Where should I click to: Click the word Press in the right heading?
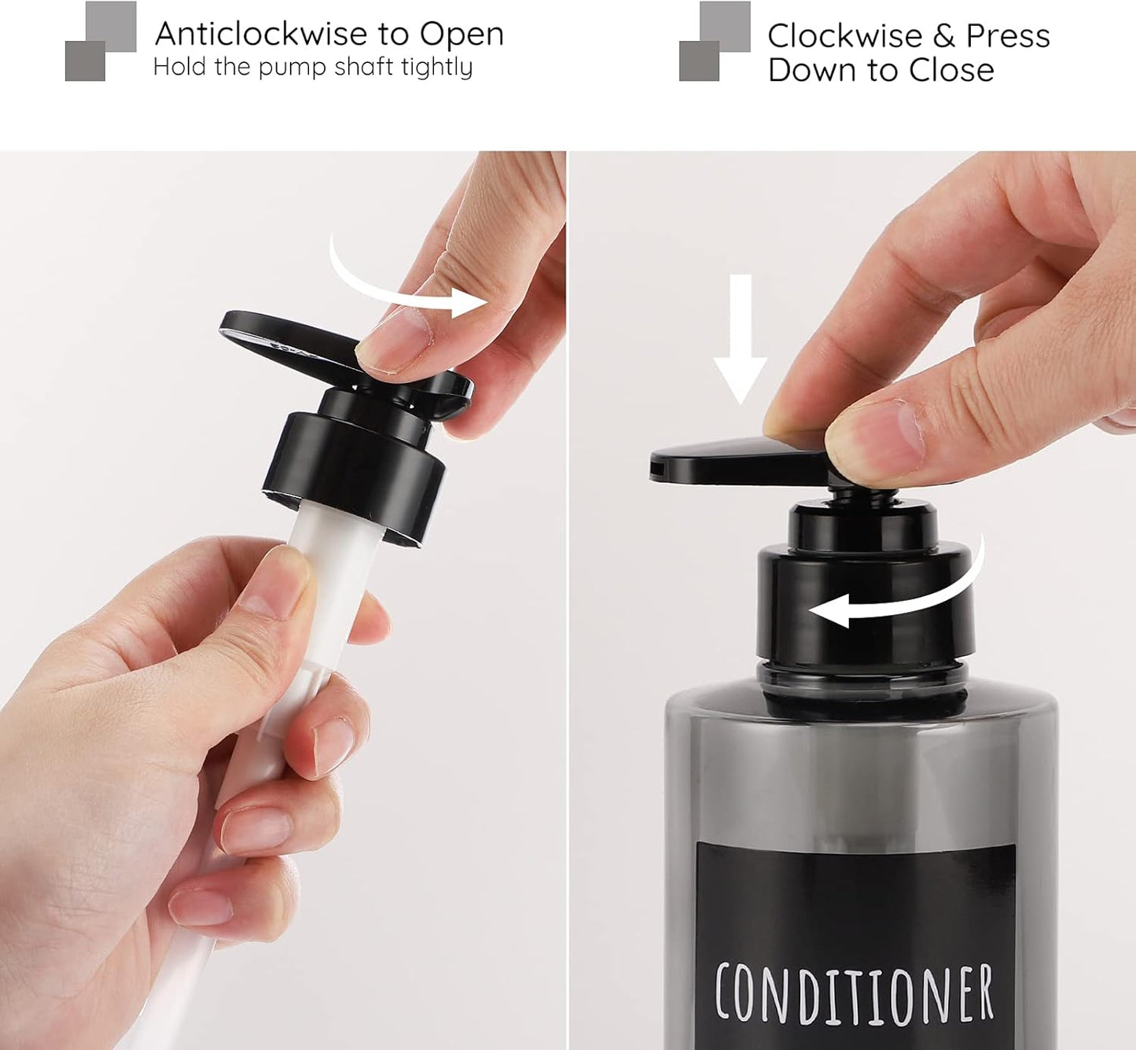tap(1007, 36)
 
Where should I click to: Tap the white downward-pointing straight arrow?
tap(740, 338)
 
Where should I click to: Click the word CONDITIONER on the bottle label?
tap(854, 993)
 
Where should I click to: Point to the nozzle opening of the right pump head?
tap(655, 470)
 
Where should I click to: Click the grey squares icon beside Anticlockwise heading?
tap(101, 41)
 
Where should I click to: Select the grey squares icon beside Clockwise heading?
tap(715, 41)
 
